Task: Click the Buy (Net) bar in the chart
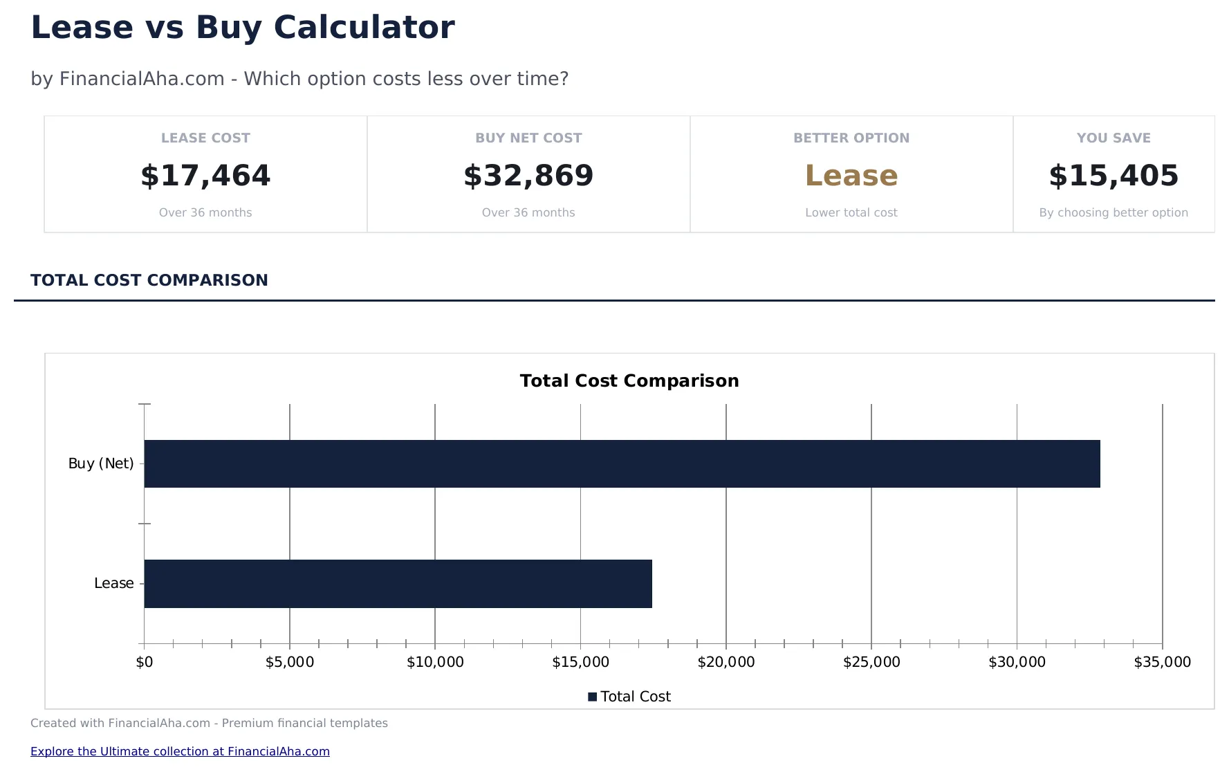point(622,463)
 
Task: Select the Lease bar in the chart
point(398,583)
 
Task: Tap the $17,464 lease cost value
point(205,176)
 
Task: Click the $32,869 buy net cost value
point(528,176)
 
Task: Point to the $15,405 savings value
point(1114,176)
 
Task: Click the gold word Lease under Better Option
point(851,176)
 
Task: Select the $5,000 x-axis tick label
point(290,662)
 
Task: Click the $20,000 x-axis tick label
point(726,662)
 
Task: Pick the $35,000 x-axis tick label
point(1162,662)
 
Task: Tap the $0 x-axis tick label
point(145,662)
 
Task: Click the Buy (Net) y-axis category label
point(101,463)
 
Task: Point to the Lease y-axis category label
point(114,583)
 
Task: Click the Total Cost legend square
point(593,697)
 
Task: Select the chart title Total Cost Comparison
point(629,380)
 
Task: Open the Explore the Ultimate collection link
point(180,751)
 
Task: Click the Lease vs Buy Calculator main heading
point(243,28)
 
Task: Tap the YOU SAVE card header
point(1114,138)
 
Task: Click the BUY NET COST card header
point(528,138)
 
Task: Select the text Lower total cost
point(851,212)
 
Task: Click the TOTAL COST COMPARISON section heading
point(149,280)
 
